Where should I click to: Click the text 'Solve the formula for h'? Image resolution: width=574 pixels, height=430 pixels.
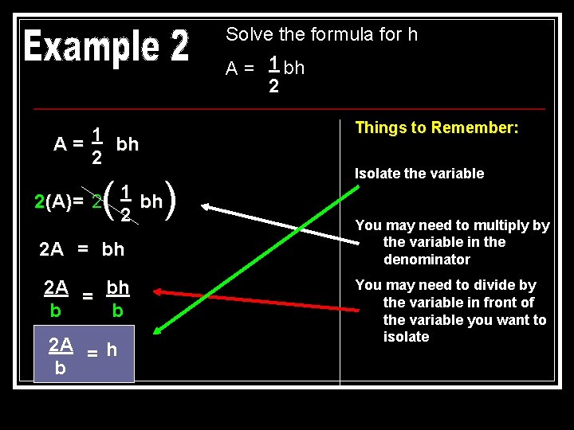click(321, 34)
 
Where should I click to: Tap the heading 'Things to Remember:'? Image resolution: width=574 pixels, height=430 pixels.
click(436, 127)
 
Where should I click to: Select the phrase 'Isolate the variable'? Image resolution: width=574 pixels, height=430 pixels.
click(419, 174)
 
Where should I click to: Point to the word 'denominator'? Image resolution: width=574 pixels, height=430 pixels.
click(427, 260)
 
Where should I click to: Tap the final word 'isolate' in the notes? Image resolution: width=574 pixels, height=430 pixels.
click(406, 337)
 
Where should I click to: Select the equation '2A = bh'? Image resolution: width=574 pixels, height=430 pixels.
click(82, 249)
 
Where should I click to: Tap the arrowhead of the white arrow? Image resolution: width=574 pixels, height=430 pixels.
click(206, 208)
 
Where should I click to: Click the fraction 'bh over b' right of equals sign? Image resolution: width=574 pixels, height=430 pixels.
click(117, 298)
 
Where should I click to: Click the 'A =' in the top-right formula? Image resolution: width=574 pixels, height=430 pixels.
click(240, 68)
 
